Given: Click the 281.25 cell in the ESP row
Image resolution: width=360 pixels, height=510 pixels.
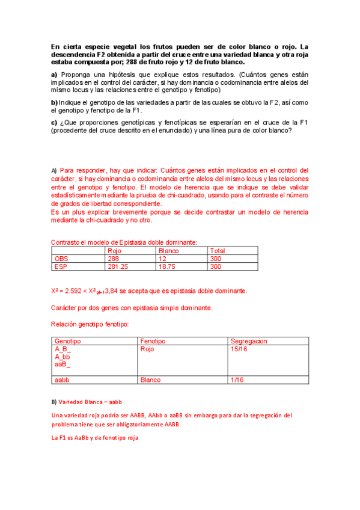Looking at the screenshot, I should pos(118,266).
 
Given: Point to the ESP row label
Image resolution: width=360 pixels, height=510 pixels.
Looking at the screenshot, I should pos(61,266).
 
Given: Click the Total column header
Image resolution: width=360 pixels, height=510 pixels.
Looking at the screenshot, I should pos(218,251).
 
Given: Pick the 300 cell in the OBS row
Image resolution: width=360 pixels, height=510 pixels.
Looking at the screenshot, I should pos(215,259).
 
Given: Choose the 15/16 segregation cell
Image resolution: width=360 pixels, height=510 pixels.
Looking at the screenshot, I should pos(239,349).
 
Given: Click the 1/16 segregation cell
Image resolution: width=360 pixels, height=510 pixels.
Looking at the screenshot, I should pos(237,380).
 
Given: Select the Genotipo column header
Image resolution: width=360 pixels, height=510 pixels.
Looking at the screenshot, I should pos(68,341).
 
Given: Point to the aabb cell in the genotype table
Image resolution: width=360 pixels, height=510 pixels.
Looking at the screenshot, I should pos(63,380).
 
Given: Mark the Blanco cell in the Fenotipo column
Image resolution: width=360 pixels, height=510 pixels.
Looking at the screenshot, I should pos(150,380).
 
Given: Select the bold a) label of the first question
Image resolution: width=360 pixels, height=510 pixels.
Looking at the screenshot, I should pos(54,74).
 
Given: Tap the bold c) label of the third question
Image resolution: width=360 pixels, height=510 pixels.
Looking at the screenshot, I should pos(54,123).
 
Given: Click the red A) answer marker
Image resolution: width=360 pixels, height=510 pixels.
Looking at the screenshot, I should pos(53,170).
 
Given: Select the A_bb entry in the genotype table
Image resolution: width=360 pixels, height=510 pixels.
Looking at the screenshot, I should pos(63,357).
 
